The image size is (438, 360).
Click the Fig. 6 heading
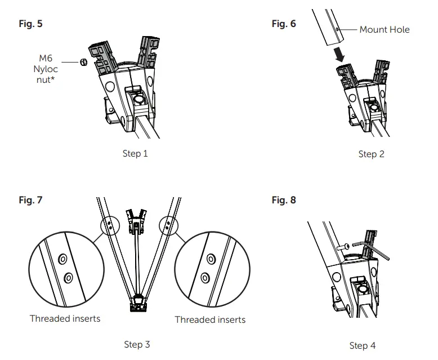(283, 24)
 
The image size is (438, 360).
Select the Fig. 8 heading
(283, 199)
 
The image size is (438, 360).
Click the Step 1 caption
(135, 153)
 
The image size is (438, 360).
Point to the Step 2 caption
(371, 154)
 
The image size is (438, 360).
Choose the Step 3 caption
(137, 344)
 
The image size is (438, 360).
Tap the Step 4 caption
(362, 345)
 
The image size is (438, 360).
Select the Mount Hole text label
(385, 29)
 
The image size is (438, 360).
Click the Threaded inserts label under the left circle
(65, 318)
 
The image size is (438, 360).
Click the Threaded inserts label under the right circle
(210, 319)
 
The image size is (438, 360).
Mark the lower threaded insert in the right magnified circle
(206, 277)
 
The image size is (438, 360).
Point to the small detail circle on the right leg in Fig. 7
(168, 225)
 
